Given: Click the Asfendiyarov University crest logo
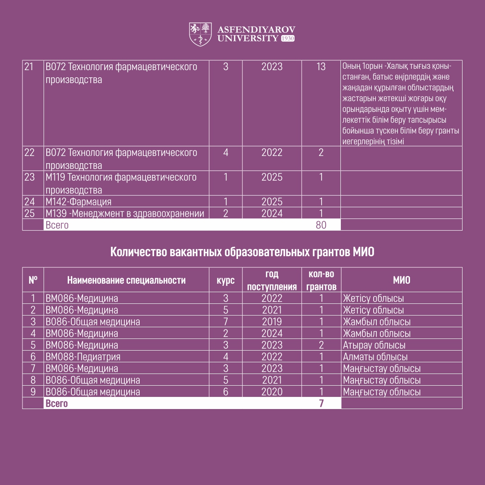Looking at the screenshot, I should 200,34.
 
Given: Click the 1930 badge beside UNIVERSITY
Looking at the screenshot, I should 287,39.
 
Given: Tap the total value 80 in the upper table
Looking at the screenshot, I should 321,225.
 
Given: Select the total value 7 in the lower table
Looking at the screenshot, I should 321,403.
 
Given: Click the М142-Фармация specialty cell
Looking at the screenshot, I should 79,201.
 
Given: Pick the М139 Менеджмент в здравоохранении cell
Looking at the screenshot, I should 125,213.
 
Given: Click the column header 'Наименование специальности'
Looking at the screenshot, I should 126,280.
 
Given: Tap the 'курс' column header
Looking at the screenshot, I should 225,280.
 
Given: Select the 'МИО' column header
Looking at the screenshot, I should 401,280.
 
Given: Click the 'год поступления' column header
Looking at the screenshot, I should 272,280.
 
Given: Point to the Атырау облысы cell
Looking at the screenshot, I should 374,345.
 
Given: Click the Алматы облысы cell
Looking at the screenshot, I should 375,357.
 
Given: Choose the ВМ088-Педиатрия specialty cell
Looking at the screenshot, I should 83,357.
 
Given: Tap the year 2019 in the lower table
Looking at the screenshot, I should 272,322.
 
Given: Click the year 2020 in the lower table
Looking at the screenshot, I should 272,392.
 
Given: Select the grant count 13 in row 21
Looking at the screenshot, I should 321,67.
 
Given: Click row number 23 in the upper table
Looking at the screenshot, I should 30,177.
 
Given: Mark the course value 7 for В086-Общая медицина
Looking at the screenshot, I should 225,322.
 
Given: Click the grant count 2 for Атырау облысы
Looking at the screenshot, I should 321,345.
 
